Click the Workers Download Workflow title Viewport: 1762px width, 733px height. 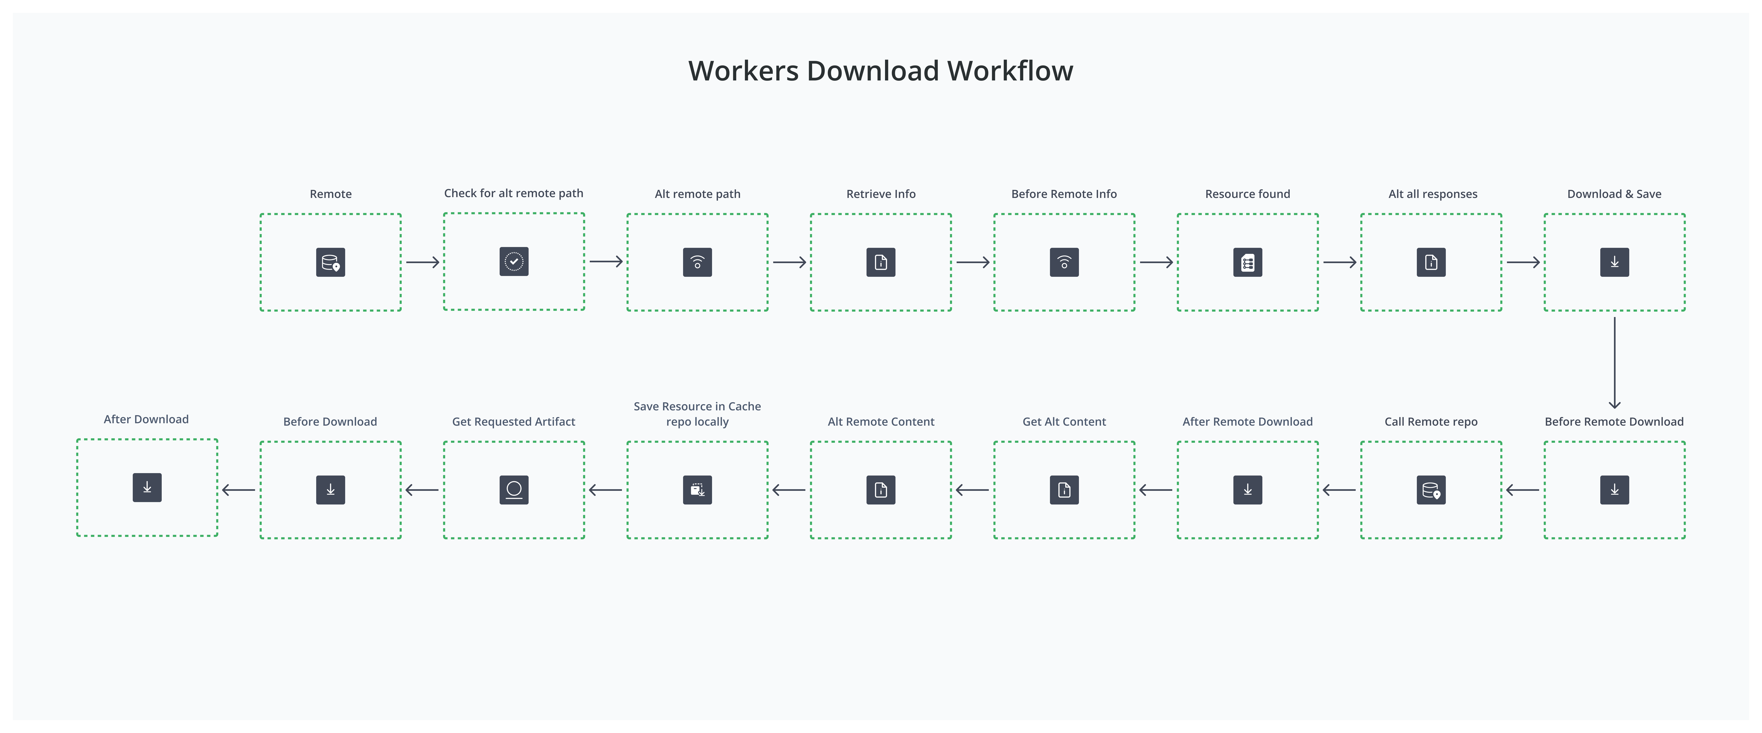[880, 71]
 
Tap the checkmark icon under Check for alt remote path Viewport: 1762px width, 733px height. [514, 261]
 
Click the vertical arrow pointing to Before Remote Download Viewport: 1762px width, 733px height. [1614, 362]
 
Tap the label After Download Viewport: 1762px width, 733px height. [146, 419]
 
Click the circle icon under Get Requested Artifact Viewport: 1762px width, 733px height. [514, 490]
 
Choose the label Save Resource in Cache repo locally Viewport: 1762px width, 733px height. [697, 414]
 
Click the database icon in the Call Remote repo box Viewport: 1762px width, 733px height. [1431, 490]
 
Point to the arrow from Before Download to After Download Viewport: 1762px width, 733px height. [239, 490]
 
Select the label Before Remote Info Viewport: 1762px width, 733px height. [1064, 194]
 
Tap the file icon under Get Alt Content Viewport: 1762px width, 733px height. [1064, 490]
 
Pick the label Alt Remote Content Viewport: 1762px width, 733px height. [880, 422]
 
